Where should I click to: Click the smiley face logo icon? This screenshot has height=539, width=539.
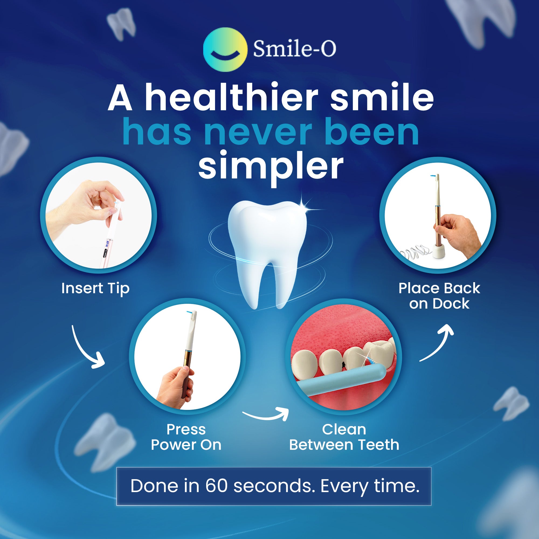point(225,50)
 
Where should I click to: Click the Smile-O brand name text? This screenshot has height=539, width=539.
point(294,49)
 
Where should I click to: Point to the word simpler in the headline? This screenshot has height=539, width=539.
point(270,166)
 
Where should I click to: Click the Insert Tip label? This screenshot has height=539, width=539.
point(95,288)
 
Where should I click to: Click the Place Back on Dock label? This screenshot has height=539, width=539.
point(439,296)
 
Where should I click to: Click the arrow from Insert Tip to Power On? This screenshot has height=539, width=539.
point(85,349)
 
